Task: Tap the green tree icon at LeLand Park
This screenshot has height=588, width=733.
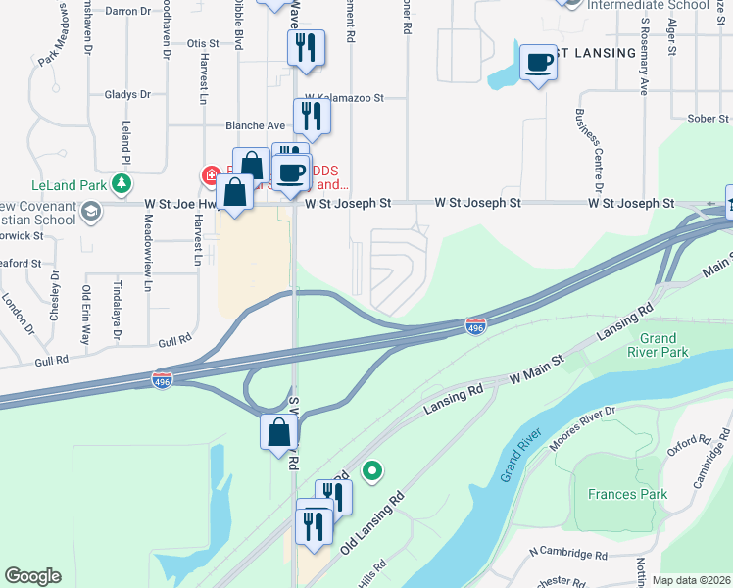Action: click(x=121, y=183)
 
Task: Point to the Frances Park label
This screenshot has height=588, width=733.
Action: click(x=627, y=494)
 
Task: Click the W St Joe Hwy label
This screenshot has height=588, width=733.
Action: click(x=180, y=204)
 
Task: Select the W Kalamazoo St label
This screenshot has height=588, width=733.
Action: click(x=343, y=98)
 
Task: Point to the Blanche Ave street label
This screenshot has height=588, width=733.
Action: click(x=255, y=125)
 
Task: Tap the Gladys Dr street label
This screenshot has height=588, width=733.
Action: click(x=127, y=95)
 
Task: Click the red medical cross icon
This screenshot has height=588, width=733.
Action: click(x=210, y=176)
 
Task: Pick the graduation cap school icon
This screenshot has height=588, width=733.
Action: click(x=90, y=212)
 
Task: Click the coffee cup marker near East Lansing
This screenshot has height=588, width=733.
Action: click(x=538, y=63)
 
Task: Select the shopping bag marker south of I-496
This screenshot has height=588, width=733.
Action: click(x=278, y=430)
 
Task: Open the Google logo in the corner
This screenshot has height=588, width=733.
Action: click(x=32, y=576)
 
